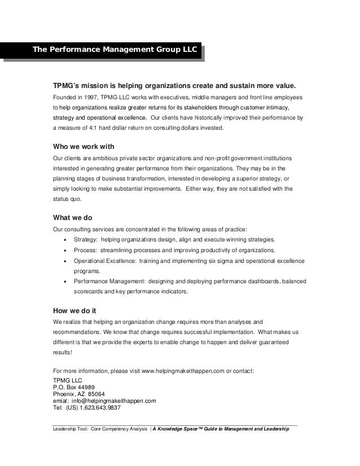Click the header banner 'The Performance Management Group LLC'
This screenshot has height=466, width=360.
coord(115,50)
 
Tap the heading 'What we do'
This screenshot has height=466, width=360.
coord(72,218)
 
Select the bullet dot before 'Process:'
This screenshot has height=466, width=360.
coord(67,250)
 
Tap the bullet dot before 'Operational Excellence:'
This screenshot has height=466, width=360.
coord(67,261)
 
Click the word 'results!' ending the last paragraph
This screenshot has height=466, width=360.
coord(62,353)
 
